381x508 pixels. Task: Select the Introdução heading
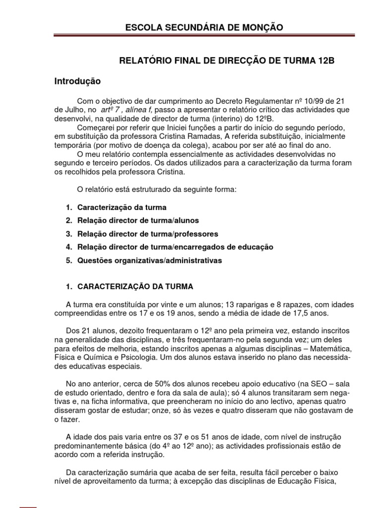click(x=77, y=80)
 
